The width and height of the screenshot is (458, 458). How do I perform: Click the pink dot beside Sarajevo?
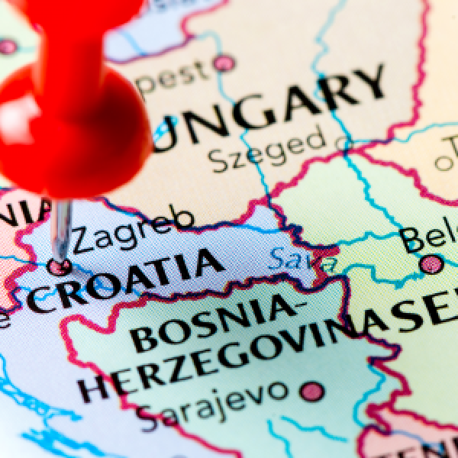(x=311, y=392)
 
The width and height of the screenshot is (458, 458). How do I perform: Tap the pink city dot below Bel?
(x=431, y=265)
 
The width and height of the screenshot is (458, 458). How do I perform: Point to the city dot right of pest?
(x=224, y=63)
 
